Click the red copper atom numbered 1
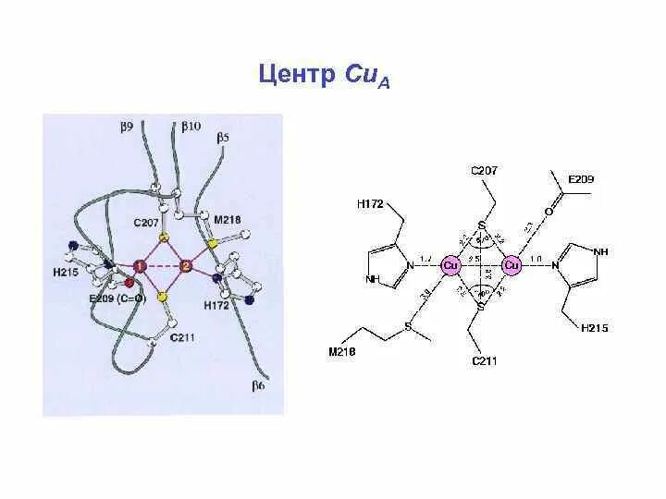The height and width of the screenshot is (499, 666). tap(140, 266)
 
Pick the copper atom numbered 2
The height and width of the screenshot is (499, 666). tap(186, 266)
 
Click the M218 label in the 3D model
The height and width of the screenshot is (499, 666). tap(227, 219)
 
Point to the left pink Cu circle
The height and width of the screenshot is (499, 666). tap(450, 265)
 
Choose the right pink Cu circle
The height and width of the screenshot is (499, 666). tap(512, 265)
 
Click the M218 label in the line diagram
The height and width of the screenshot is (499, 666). tap(343, 351)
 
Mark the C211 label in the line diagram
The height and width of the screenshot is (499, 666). tap(483, 361)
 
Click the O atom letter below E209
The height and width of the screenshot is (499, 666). tap(549, 212)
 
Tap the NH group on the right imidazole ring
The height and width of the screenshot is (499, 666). tap(601, 250)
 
